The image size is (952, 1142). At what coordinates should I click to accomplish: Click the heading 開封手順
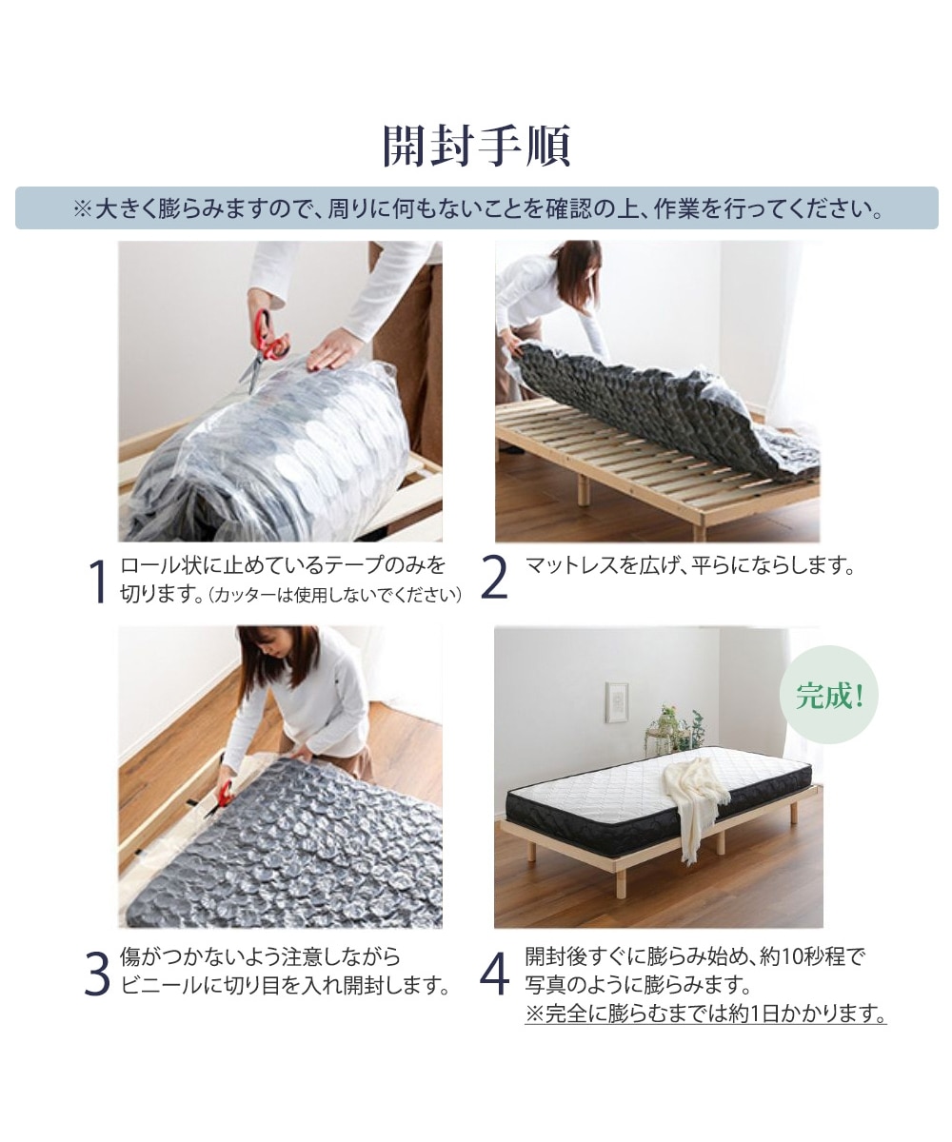coord(476,146)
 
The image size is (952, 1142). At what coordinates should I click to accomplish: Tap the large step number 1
coord(96,582)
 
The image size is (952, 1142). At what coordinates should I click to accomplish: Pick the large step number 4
coord(494,974)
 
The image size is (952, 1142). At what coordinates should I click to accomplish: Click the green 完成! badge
coord(828,695)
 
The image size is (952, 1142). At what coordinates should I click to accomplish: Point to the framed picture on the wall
coord(617,702)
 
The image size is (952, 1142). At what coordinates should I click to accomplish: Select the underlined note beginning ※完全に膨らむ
coord(705,1014)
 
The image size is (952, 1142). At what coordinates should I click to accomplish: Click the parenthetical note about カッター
coord(336,596)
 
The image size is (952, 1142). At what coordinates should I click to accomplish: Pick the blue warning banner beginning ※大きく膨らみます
coord(476,208)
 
